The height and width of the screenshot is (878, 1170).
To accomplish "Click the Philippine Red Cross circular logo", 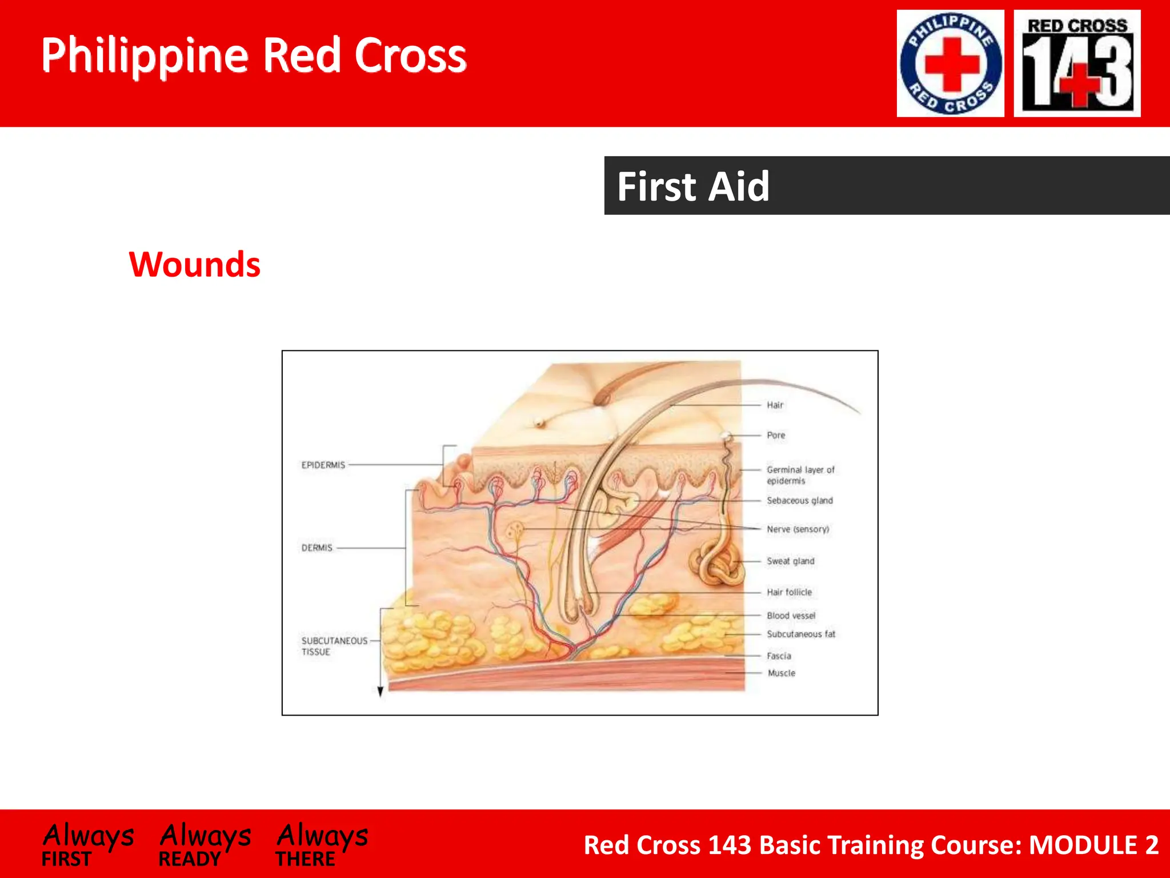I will (950, 63).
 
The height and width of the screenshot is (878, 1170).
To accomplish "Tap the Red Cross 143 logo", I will (1077, 63).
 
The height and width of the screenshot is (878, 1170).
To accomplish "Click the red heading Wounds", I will (195, 265).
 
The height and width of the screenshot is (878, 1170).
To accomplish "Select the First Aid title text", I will (693, 186).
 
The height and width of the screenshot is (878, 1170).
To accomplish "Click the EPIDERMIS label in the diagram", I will (323, 465).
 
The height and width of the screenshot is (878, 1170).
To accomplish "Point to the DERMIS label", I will (316, 548).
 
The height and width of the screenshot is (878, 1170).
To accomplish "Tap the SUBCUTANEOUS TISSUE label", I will (334, 646).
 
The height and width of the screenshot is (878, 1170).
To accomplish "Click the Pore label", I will (776, 436).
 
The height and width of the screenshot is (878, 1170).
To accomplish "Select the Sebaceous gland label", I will (799, 501).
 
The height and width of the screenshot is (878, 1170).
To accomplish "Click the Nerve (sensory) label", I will (798, 529).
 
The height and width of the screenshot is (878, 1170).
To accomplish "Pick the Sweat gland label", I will (790, 561).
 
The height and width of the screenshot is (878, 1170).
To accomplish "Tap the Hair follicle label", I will (789, 592).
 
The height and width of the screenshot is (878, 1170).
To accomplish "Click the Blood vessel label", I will (791, 616).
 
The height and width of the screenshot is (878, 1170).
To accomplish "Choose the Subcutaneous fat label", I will (800, 634).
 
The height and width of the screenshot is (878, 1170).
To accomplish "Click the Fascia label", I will (779, 656).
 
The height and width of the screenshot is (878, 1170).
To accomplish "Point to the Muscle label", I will (781, 673).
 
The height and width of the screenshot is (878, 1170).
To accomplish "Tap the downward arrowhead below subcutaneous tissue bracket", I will (380, 692).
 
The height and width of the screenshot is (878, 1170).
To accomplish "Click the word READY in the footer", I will (189, 859).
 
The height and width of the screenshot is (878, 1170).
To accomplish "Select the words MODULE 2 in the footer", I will (1093, 845).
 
